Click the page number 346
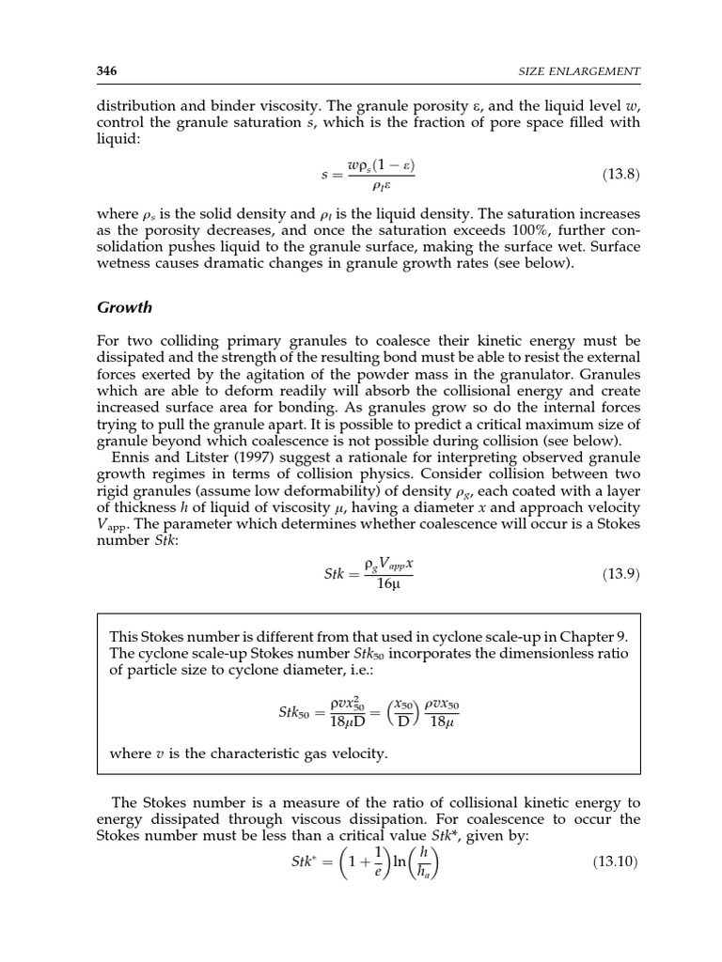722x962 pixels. pos(106,71)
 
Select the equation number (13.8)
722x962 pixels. pos(620,175)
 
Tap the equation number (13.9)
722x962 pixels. pos(620,574)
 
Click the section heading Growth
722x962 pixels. pos(125,307)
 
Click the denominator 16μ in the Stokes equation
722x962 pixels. pos(388,584)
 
